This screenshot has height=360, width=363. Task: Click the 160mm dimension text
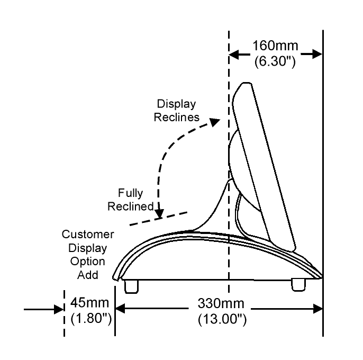pyautogui.click(x=275, y=47)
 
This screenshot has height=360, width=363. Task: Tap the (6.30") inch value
pyautogui.click(x=275, y=61)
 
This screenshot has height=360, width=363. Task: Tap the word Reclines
pyautogui.click(x=177, y=117)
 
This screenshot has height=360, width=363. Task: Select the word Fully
pyautogui.click(x=131, y=193)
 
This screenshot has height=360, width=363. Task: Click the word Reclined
pyautogui.click(x=131, y=206)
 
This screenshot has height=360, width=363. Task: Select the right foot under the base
pyautogui.click(x=299, y=284)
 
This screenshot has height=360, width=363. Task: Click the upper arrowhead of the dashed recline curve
pyautogui.click(x=213, y=121)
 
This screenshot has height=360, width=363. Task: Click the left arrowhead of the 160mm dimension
pyautogui.click(x=234, y=53)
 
